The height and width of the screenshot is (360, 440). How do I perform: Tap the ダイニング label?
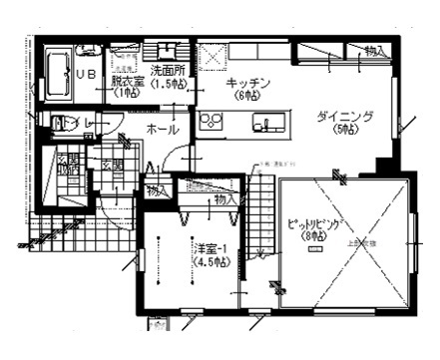(x=344, y=118)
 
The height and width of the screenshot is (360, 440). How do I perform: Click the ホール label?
(x=163, y=130)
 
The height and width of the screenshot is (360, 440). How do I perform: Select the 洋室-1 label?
(x=209, y=245)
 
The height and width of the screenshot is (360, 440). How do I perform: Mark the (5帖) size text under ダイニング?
(x=345, y=131)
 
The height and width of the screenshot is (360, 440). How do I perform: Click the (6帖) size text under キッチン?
(x=246, y=96)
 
